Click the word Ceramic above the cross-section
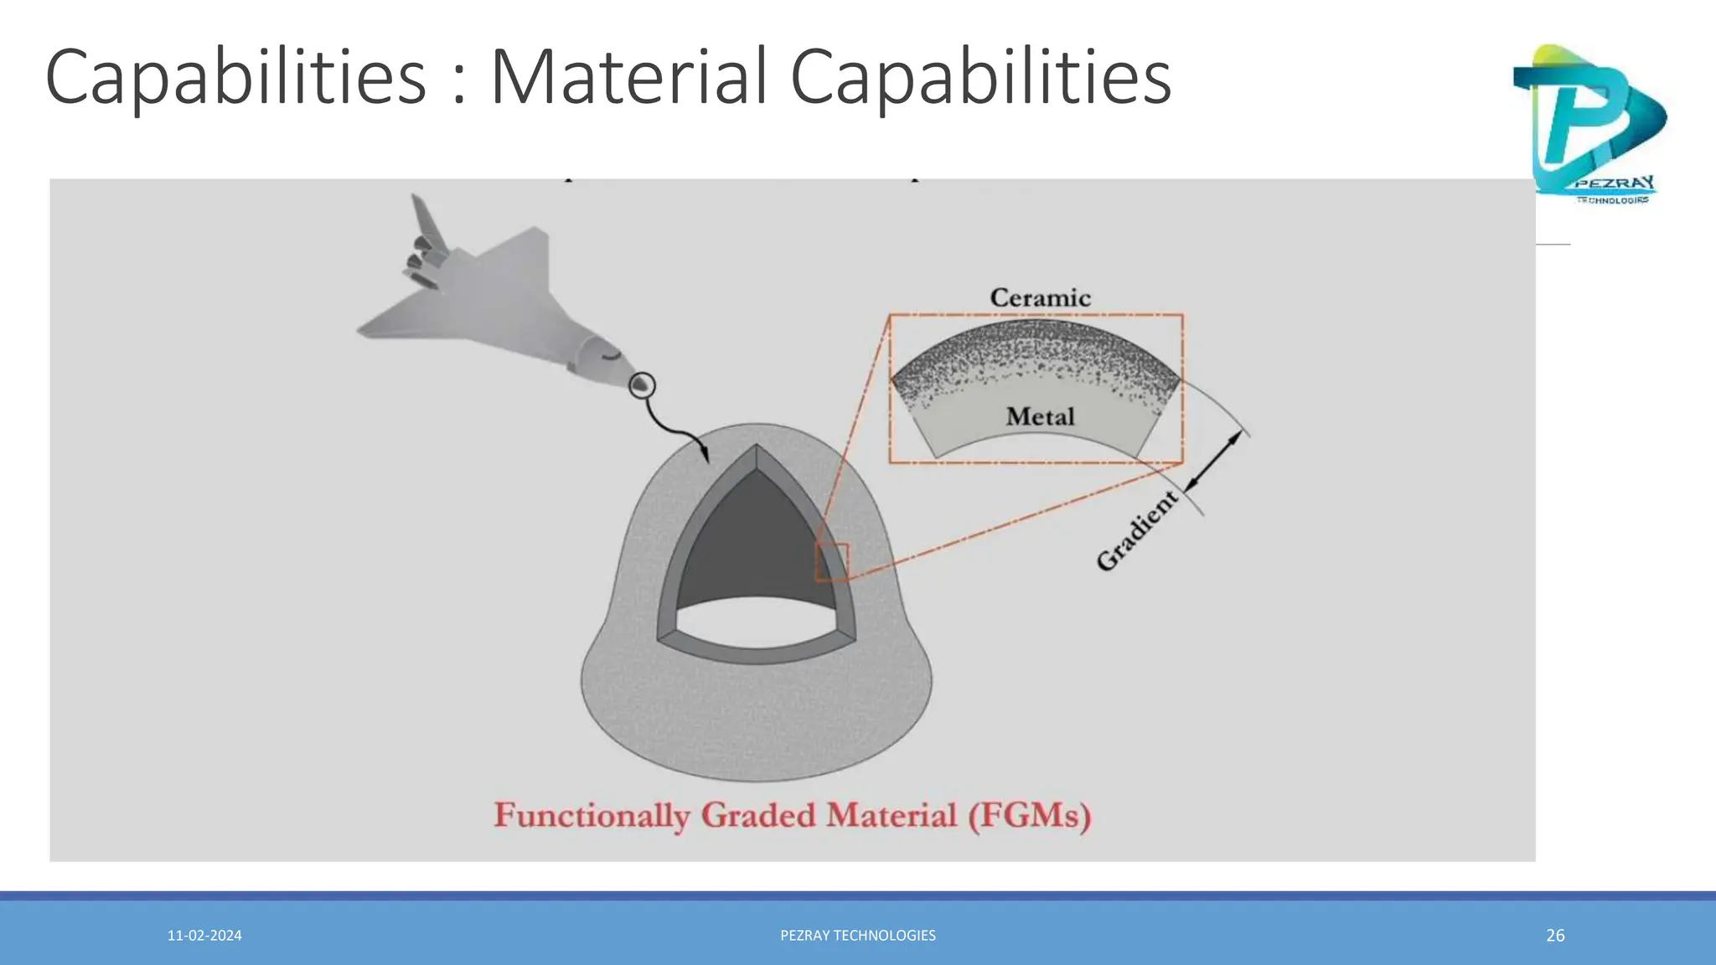tap(1040, 298)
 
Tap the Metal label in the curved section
tap(1040, 416)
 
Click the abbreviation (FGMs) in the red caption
tap(1030, 816)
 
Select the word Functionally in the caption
tap(592, 816)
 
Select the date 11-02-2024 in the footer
tap(204, 936)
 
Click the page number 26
tap(1555, 936)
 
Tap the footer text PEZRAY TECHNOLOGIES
tap(858, 936)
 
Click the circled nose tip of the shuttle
tap(642, 385)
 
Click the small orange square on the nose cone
tap(832, 561)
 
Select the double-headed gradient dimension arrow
tap(1213, 461)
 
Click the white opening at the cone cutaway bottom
tap(757, 624)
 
